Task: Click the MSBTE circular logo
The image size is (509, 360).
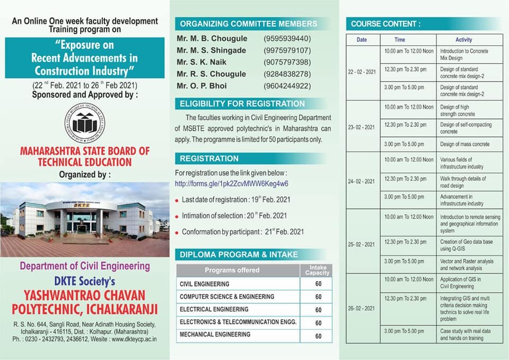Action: pos(85,122)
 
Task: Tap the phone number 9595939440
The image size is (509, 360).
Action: pos(287,39)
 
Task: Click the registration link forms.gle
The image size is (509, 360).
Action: pos(232,183)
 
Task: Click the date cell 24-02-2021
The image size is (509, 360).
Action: pos(362,181)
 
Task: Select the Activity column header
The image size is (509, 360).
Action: pos(463,40)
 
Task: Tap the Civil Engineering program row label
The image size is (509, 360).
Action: pos(205,284)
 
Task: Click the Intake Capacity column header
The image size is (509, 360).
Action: pos(318,270)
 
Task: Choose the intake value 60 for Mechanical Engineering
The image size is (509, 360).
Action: pos(318,336)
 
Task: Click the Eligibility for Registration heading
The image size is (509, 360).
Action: pos(242,104)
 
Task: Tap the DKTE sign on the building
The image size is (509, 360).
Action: pos(82,205)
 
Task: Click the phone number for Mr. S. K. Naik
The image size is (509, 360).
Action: pos(287,62)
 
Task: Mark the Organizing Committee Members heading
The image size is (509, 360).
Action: pos(248,23)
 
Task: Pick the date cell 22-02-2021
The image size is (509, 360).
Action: pos(362,72)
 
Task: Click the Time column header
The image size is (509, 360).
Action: pos(400,40)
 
